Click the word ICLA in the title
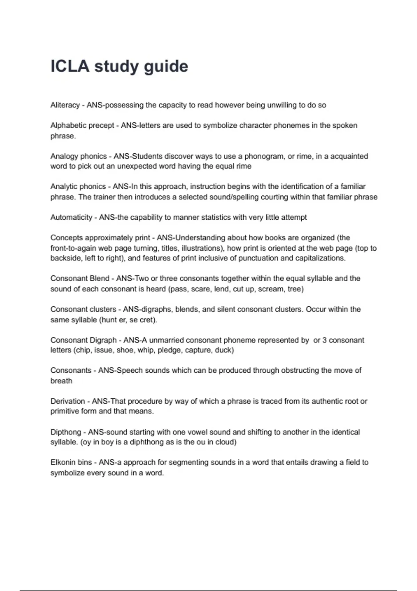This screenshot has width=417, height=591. [x=70, y=66]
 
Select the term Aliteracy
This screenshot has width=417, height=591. [x=65, y=105]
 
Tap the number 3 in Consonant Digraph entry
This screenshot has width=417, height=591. [x=324, y=340]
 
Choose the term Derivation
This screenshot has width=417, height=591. [x=67, y=401]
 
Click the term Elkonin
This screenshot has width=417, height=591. [x=63, y=462]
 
